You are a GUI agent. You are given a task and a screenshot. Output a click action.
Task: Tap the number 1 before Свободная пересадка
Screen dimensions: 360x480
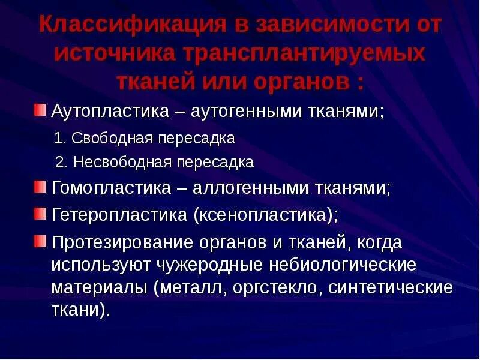pyautogui.click(x=58, y=139)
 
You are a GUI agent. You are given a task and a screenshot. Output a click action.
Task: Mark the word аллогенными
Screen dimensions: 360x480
pyautogui.click(x=250, y=188)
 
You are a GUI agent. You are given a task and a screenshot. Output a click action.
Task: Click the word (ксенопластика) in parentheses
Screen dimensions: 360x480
pyautogui.click(x=264, y=214)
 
